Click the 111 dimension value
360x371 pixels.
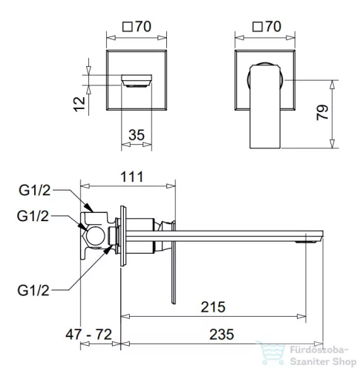(131, 177)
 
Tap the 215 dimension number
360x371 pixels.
(213, 307)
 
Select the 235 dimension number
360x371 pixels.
(222, 335)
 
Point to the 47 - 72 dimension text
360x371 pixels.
(88, 335)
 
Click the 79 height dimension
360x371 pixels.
(322, 113)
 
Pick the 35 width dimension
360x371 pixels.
(137, 135)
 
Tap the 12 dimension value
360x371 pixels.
(79, 104)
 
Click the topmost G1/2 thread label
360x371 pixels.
(35, 191)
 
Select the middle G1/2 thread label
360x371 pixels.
(33, 216)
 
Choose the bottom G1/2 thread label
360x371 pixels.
(33, 290)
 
